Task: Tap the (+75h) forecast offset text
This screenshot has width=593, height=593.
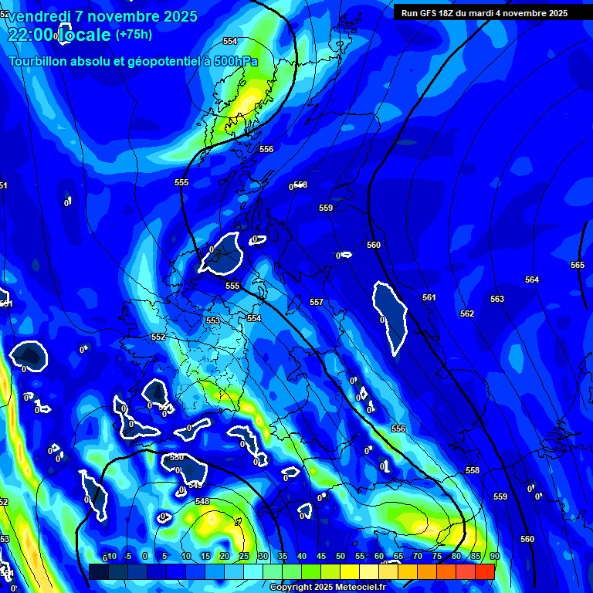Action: (134, 34)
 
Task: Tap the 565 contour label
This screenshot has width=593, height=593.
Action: (578, 265)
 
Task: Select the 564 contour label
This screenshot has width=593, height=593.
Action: (532, 280)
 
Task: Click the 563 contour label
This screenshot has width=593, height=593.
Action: (497, 299)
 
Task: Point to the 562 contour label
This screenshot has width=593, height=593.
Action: (467, 313)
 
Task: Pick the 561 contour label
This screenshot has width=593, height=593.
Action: (429, 297)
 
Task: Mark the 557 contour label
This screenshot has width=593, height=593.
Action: (317, 302)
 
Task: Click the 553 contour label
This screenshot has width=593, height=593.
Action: (213, 320)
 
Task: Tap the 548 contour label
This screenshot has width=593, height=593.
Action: (202, 501)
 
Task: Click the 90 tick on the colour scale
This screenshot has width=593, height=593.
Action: (494, 556)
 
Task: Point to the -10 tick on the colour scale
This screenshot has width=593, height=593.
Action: (110, 556)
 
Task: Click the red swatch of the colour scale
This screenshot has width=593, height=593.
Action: (484, 571)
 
